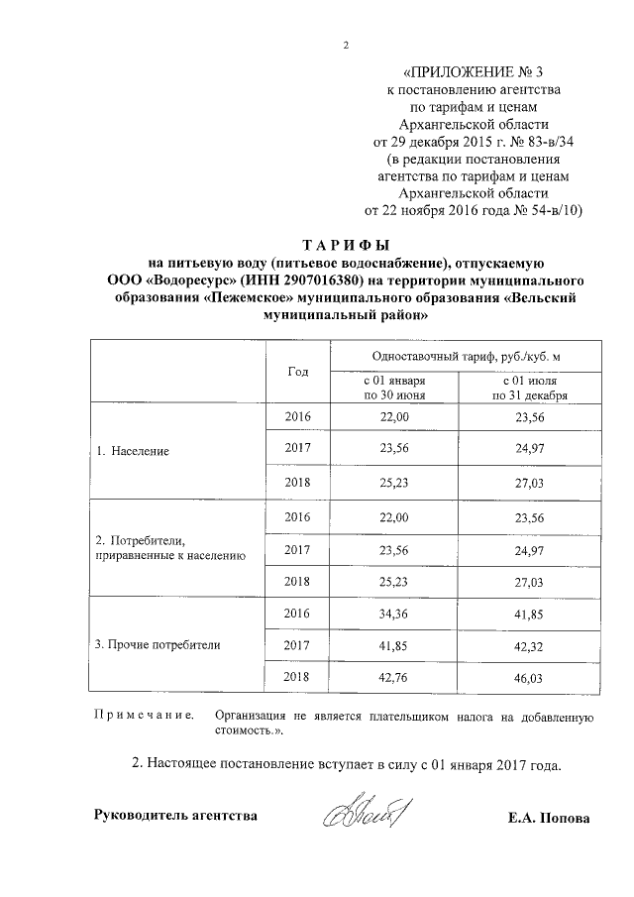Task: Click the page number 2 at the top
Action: click(x=346, y=45)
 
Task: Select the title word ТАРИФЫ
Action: click(x=346, y=244)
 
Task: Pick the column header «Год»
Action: click(x=298, y=371)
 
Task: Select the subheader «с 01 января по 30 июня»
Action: click(x=394, y=387)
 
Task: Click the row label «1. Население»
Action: click(x=132, y=450)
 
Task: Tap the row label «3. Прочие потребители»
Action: click(x=157, y=644)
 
